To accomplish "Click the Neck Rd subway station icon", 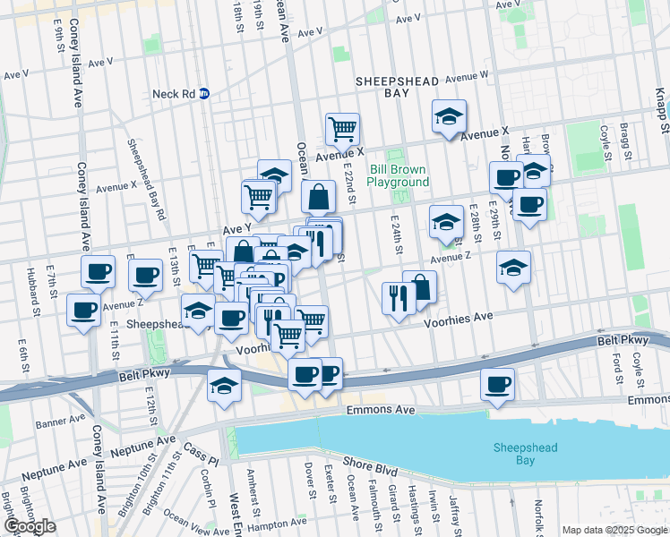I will coord(204,92).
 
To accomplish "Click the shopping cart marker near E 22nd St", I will coord(342,130).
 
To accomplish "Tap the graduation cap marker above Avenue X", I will coord(449,116).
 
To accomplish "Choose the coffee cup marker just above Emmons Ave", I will coord(496,384).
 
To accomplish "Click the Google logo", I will coord(30,526).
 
